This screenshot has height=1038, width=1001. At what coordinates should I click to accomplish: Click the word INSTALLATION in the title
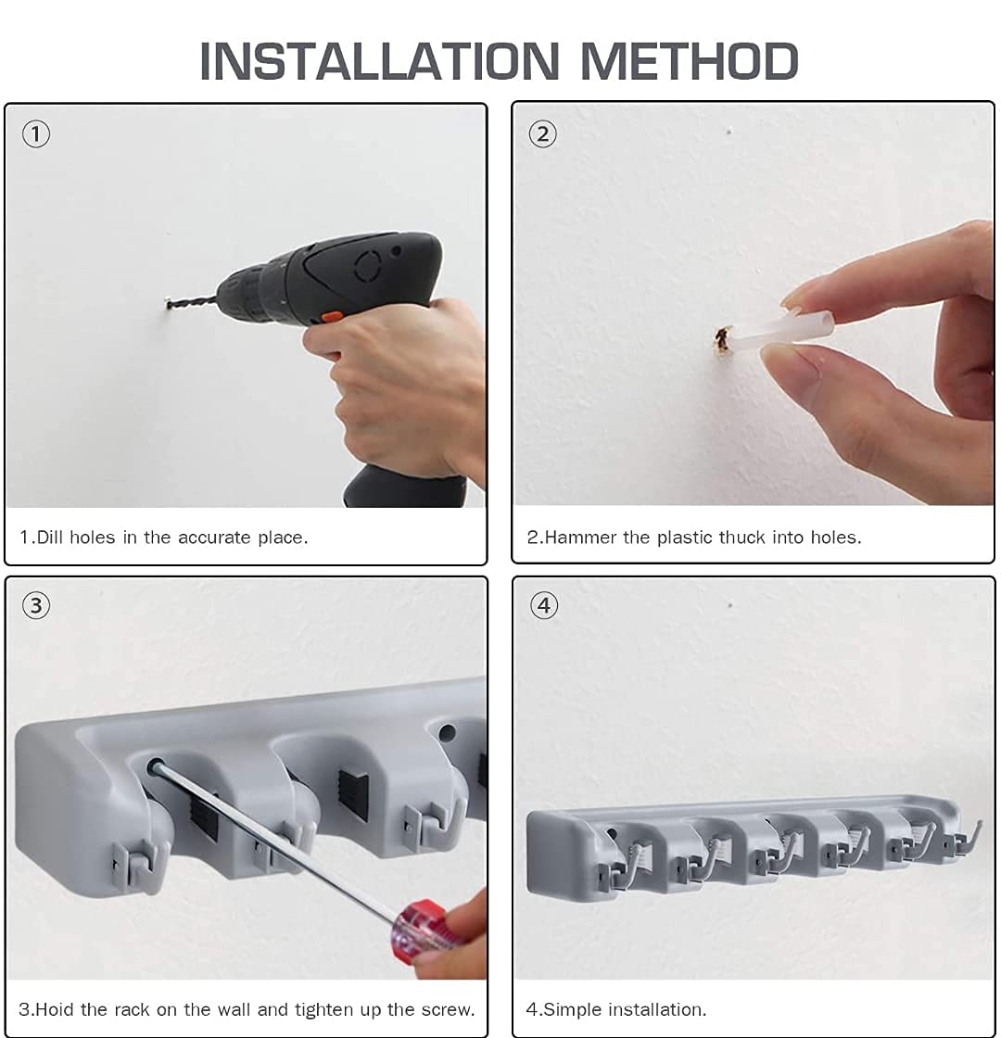[x=379, y=61]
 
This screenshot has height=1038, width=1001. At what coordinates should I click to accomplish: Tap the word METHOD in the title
[x=690, y=61]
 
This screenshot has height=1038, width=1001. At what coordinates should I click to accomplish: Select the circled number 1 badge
[x=36, y=134]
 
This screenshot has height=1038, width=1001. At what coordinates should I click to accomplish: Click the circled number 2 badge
[x=543, y=134]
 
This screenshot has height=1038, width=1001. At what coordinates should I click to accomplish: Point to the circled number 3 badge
[x=36, y=606]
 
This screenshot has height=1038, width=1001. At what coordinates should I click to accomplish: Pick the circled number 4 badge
[x=543, y=606]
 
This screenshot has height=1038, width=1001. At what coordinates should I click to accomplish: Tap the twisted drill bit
[x=192, y=302]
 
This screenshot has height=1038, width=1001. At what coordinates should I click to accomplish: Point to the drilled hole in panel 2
[x=722, y=339]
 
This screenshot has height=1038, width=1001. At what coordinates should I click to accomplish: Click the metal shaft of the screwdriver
[x=274, y=841]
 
